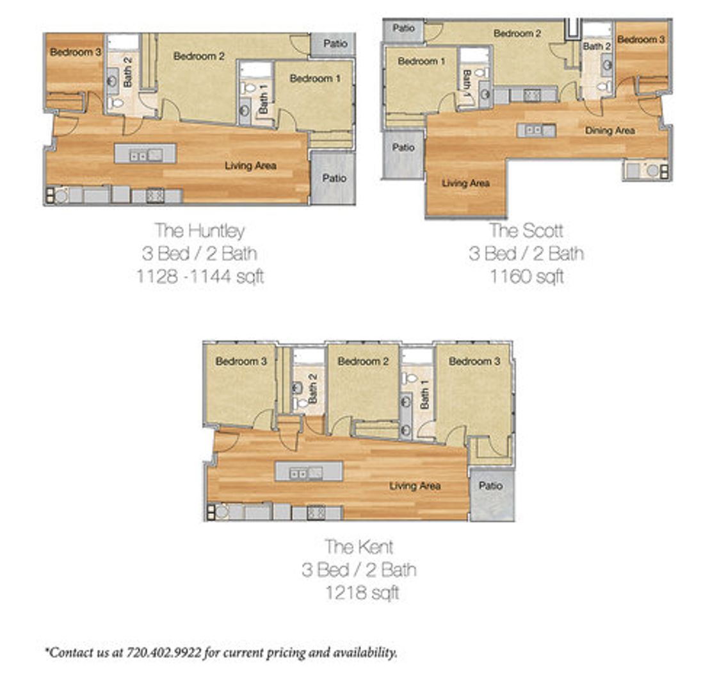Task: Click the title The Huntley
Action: (x=200, y=231)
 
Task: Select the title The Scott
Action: (x=526, y=231)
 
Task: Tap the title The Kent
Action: (x=359, y=547)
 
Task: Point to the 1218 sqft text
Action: (x=362, y=593)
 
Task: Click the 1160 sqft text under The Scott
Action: (x=527, y=277)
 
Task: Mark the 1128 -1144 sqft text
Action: (x=200, y=277)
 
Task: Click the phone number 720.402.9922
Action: (x=164, y=653)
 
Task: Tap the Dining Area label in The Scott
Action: (x=609, y=131)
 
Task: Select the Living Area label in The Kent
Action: (x=415, y=486)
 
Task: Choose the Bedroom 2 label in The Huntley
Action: (x=199, y=56)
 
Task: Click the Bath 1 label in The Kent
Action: (x=424, y=393)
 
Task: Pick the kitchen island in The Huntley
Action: (x=145, y=153)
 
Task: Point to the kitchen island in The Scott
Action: (x=536, y=130)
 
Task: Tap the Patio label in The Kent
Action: (x=491, y=486)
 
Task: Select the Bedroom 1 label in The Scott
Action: (x=421, y=61)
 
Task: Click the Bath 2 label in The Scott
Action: (x=597, y=46)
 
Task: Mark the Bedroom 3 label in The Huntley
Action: (x=75, y=52)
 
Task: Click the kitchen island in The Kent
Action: (x=309, y=472)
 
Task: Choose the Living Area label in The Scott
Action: (x=466, y=183)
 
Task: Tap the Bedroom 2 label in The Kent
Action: (x=363, y=361)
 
